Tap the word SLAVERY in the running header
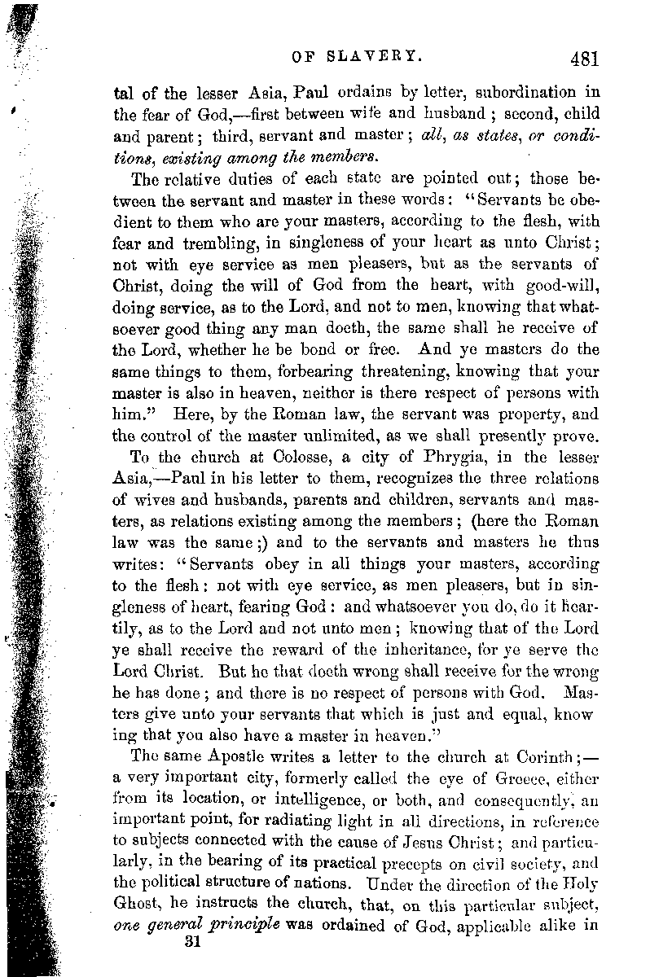coord(383,57)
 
